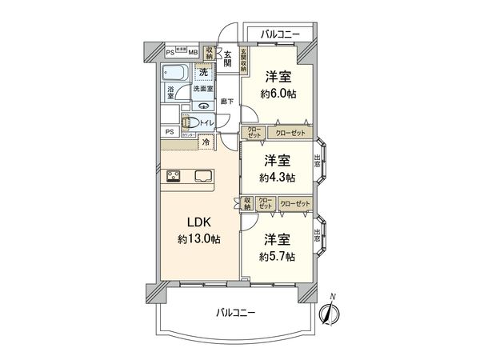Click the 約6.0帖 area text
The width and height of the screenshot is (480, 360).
click(x=278, y=93)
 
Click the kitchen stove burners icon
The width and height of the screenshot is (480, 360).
click(x=174, y=177)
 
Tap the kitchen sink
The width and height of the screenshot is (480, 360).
click(x=200, y=177)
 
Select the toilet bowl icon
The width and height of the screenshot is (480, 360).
click(x=191, y=124)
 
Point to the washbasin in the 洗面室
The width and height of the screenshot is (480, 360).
click(x=205, y=105)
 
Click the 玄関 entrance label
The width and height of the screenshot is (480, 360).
click(x=227, y=60)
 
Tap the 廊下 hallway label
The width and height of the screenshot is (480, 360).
click(x=227, y=101)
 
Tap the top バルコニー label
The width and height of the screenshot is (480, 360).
click(x=280, y=34)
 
